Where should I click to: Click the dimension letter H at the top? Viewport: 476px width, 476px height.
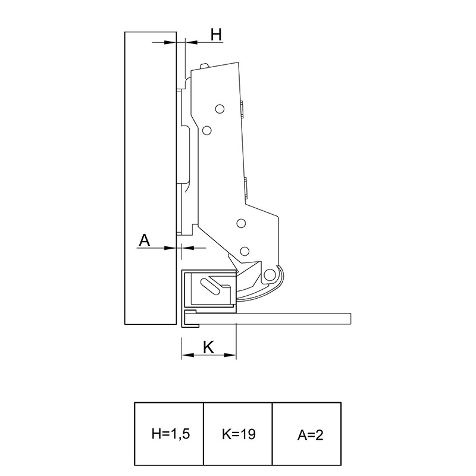tap(217, 35)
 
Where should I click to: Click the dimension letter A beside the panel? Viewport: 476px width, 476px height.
tap(145, 240)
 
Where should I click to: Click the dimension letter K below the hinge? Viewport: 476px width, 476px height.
tap(209, 347)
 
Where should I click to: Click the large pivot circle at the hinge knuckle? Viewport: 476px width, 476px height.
tap(269, 275)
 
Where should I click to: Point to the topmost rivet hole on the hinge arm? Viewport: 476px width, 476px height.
tap(220, 109)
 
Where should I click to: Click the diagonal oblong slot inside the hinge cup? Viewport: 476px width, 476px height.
tap(210, 286)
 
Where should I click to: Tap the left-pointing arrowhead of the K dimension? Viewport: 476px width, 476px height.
tap(187, 355)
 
